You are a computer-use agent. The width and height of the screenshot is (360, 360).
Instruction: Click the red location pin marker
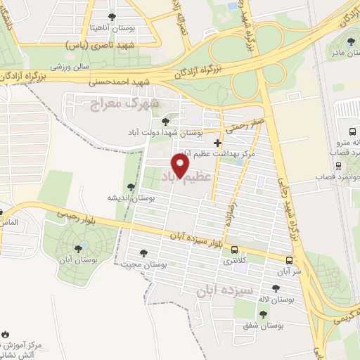pyautogui.click(x=181, y=167)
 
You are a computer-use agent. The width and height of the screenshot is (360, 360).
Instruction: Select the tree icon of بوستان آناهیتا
pyautogui.click(x=112, y=16)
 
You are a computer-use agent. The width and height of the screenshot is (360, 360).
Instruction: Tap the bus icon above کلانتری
pyautogui.click(x=234, y=249)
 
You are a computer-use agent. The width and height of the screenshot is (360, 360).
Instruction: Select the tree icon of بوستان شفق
pyautogui.click(x=263, y=314)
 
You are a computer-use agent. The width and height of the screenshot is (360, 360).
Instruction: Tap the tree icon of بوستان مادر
pyautogui.click(x=351, y=41)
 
